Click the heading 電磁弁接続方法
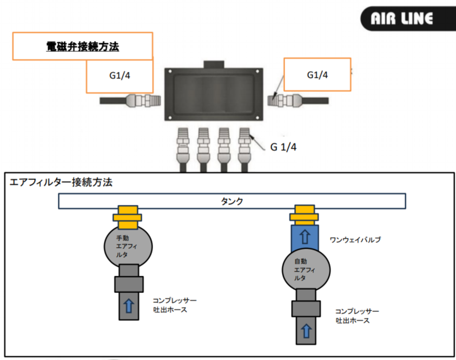pyautogui.click(x=82, y=46)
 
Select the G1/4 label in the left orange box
pyautogui.click(x=119, y=75)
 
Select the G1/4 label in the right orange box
pyautogui.click(x=317, y=75)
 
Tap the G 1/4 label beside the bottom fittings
pyautogui.click(x=283, y=146)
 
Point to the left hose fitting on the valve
pyautogui.click(x=141, y=101)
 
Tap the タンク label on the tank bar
pyautogui.click(x=232, y=201)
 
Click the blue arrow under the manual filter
pyautogui.click(x=129, y=305)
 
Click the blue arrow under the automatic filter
pyautogui.click(x=306, y=329)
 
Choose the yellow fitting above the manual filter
pyautogui.click(x=128, y=215)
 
